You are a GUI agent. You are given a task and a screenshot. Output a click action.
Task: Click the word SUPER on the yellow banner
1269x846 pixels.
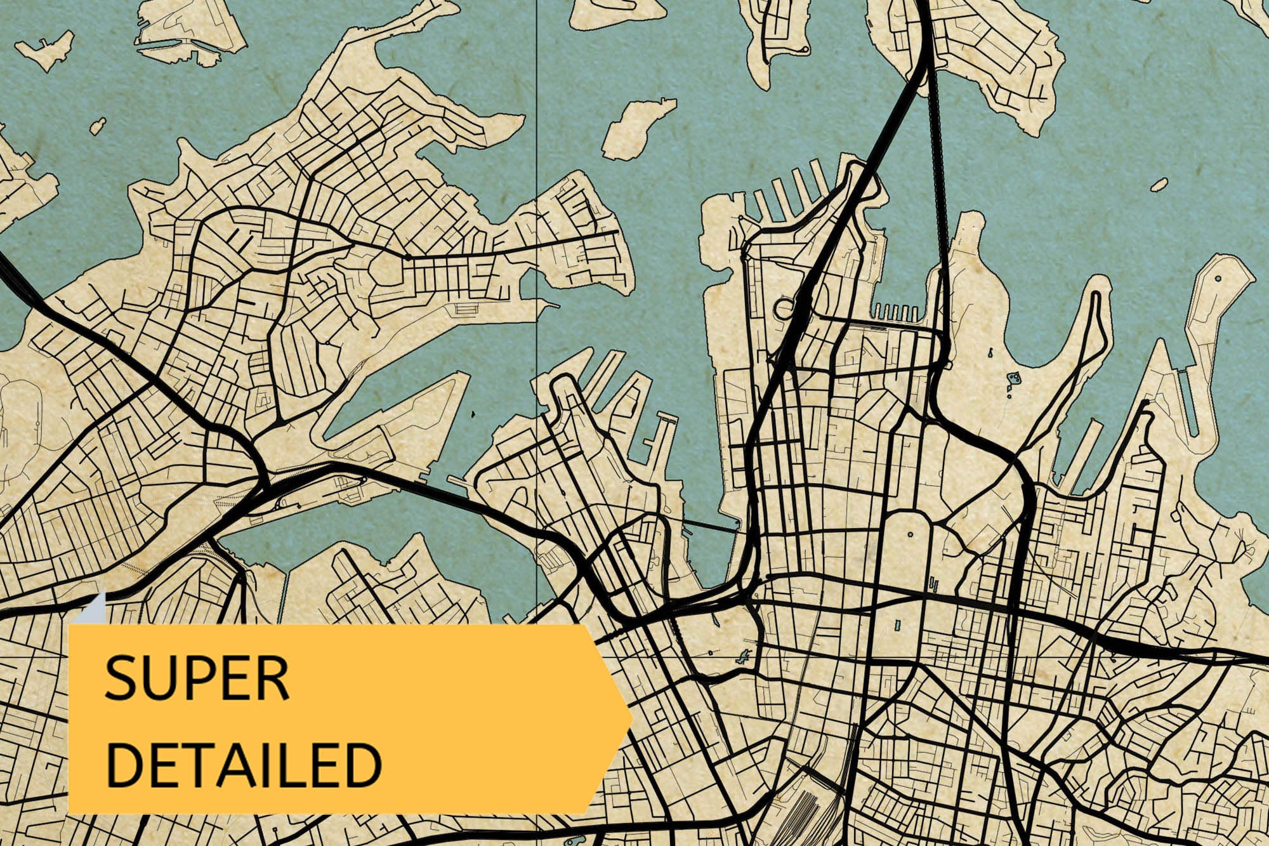coord(197,678)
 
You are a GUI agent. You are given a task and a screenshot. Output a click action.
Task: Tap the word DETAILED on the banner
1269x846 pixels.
coord(244,765)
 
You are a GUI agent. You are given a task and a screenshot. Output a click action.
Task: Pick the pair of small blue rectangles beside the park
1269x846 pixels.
coord(933,583)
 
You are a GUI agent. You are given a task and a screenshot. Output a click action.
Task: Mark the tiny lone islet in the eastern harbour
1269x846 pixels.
coord(1159,185)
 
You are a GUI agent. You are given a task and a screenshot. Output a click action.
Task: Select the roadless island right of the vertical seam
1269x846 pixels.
coord(638,129)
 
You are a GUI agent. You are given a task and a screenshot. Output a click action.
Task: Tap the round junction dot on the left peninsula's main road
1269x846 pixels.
coord(408,258)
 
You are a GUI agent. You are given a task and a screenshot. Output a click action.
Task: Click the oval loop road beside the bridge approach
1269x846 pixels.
coord(784,309)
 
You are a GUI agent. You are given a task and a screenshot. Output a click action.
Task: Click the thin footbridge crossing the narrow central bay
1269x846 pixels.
coord(711,525)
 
